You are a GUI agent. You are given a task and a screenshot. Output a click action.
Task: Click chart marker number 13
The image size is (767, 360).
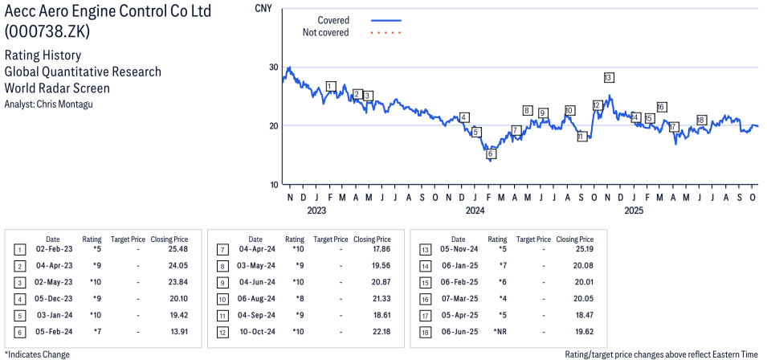[609, 77]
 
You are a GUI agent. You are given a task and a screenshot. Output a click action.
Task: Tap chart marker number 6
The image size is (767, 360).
[491, 153]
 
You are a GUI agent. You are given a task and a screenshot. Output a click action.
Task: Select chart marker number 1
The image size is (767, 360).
[331, 86]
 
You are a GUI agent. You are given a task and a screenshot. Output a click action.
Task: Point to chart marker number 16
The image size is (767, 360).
[661, 107]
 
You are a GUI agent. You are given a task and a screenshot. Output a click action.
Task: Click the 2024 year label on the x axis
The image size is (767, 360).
[475, 211]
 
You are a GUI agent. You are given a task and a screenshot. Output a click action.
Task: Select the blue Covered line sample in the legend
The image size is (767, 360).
[386, 20]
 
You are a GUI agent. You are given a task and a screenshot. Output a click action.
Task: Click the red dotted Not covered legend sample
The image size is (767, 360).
[386, 33]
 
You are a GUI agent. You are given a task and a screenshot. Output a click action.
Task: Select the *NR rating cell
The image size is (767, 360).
[498, 330]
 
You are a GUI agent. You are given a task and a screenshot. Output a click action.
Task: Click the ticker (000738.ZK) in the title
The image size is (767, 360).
[47, 32]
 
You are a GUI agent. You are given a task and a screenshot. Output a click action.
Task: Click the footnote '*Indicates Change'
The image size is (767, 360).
[37, 354]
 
